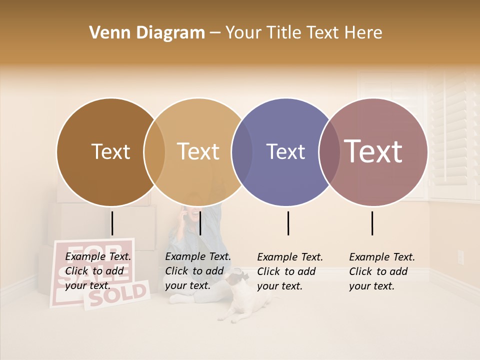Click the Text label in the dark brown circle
click(110, 151)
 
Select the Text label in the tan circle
click(198, 151)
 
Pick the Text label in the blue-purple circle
click(285, 151)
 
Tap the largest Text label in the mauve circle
click(373, 151)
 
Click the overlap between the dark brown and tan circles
click(154, 151)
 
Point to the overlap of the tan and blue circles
click(242, 151)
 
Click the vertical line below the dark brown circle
click(112, 223)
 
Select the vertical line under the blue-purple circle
click(288, 223)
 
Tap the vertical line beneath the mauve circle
click(372, 223)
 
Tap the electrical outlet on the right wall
click(460, 257)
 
